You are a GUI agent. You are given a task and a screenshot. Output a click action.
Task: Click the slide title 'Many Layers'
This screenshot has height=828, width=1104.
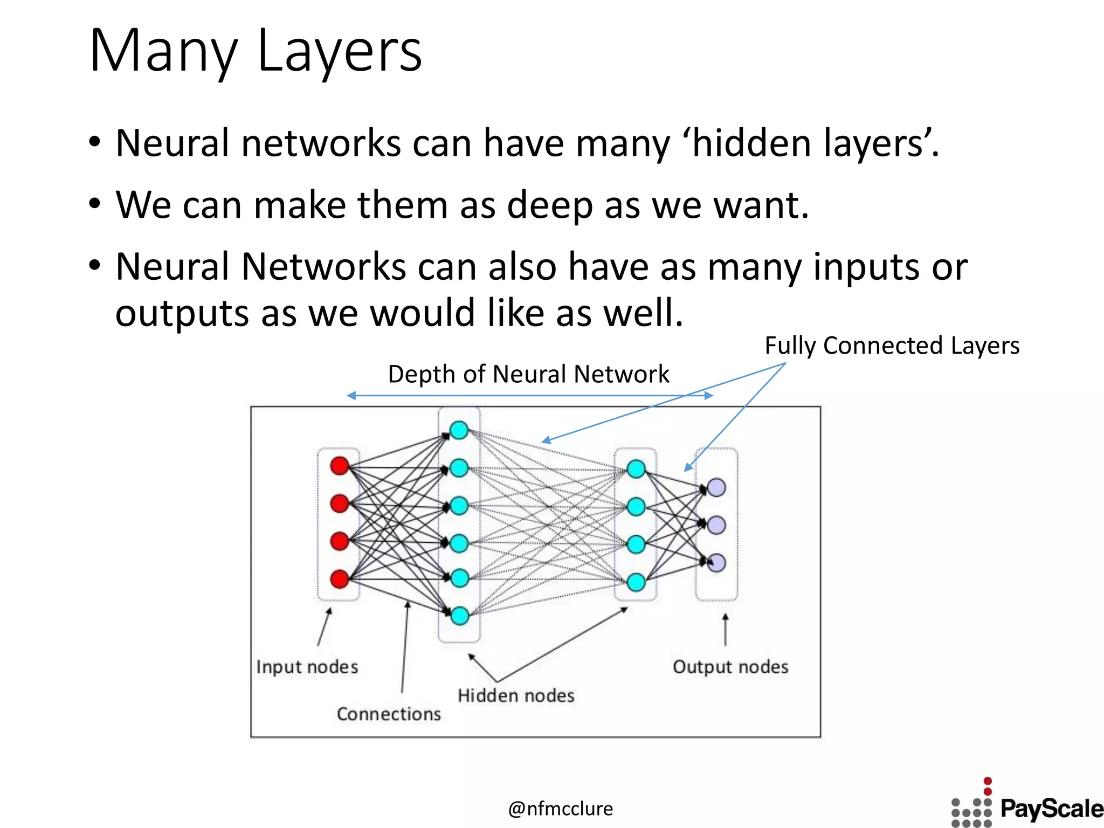tap(256, 51)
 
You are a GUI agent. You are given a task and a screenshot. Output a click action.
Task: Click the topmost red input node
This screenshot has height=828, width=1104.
tap(340, 466)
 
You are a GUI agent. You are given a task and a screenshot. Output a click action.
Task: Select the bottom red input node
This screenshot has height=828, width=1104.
tap(340, 579)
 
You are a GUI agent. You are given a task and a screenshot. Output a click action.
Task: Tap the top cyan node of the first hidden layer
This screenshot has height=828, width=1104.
tap(459, 430)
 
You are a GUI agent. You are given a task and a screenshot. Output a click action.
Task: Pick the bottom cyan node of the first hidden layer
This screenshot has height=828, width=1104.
tap(459, 616)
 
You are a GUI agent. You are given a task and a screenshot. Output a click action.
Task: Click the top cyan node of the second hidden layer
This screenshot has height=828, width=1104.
tap(636, 469)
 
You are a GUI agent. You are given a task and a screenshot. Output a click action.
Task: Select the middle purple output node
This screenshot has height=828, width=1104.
tap(716, 525)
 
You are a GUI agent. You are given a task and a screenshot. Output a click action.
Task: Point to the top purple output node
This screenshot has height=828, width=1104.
tap(716, 487)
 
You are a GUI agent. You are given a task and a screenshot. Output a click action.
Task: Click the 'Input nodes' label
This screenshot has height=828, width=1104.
tap(307, 667)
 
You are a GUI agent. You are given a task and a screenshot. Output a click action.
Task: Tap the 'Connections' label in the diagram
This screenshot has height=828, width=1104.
tap(389, 714)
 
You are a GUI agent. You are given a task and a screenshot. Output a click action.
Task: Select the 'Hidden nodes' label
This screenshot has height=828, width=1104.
tap(516, 695)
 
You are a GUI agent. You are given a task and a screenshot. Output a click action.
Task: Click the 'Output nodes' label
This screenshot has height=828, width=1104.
tap(730, 667)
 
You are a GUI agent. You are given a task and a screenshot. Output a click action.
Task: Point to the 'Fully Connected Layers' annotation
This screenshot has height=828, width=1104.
tap(892, 346)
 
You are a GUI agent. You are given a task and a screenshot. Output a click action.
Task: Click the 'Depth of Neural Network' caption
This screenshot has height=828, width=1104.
tap(528, 374)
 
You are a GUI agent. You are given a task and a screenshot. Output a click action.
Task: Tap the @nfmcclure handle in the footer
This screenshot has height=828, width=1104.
tap(560, 809)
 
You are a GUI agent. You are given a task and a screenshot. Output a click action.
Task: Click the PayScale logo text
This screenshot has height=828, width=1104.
tap(1051, 809)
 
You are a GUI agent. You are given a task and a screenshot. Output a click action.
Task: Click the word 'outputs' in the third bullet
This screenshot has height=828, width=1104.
tap(182, 314)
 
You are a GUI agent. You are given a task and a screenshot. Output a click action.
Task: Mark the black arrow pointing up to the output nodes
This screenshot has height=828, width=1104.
tap(726, 630)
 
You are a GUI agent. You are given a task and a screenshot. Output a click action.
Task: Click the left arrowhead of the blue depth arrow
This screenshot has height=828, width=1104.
tap(351, 396)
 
